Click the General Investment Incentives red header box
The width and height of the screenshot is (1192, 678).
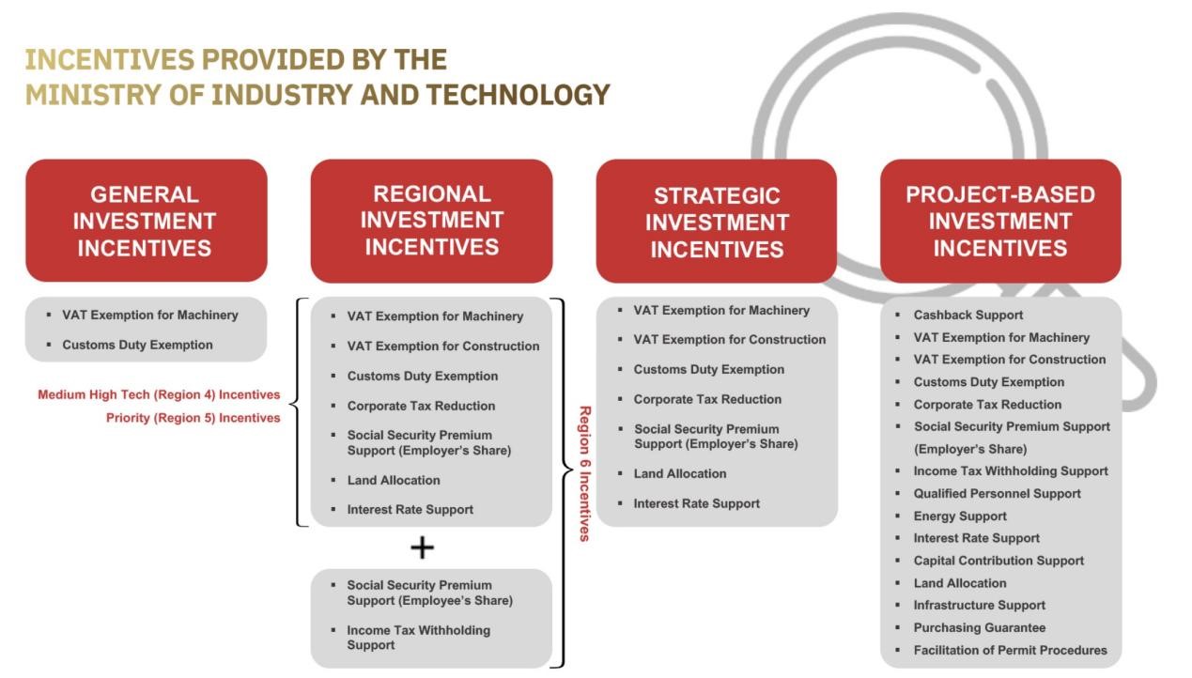pos(147,221)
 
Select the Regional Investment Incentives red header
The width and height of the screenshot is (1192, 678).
pos(431,221)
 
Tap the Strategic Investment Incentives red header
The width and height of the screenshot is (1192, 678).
pos(717,221)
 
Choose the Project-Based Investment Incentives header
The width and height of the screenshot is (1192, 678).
pos(1000,221)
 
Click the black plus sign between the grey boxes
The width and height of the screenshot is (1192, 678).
pos(423,547)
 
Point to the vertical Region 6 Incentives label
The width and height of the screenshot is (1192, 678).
pos(585,473)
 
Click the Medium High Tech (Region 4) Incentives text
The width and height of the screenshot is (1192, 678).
pos(159,395)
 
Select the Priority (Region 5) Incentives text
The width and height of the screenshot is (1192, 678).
pos(193,418)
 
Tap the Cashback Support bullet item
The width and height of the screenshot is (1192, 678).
pos(968,315)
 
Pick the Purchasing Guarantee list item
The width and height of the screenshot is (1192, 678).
pos(979,628)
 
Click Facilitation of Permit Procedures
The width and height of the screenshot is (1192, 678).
pos(1010,651)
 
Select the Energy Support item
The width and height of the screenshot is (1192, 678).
pos(960,516)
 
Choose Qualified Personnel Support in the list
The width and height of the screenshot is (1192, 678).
pos(997,494)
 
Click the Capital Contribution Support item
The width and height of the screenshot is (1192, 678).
pos(998,561)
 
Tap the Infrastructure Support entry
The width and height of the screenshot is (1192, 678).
pos(979,606)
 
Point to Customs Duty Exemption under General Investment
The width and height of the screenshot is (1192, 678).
pos(137,345)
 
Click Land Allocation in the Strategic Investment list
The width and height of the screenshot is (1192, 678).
pos(679,473)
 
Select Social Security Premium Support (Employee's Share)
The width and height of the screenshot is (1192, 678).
pos(429,593)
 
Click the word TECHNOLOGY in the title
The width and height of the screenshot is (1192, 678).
pos(518,95)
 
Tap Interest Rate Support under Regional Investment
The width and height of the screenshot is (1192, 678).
pos(410,510)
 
